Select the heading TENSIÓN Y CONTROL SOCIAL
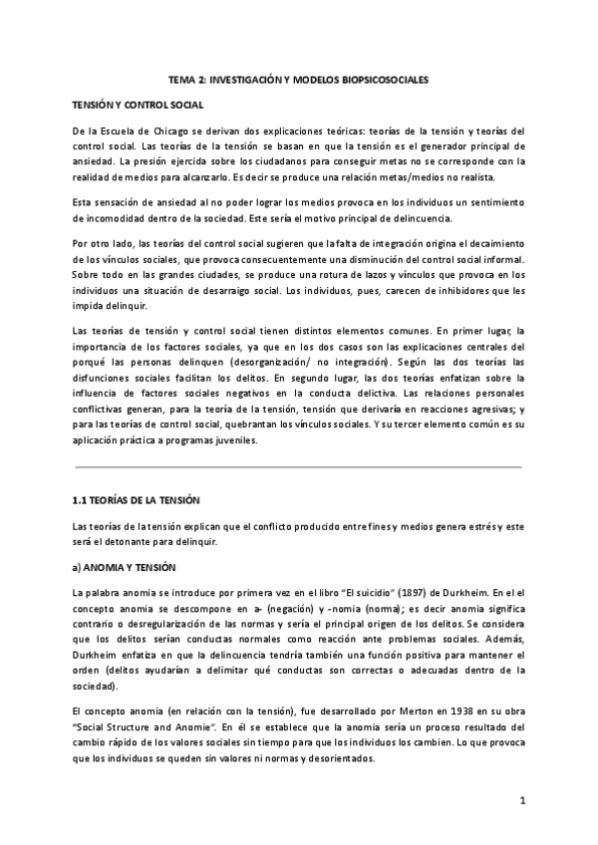click(x=138, y=104)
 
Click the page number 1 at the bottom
click(x=521, y=801)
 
